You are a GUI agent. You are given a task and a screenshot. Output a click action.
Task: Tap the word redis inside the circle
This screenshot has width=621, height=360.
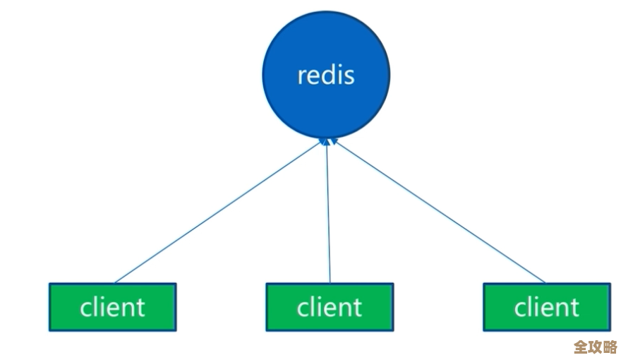point(325,75)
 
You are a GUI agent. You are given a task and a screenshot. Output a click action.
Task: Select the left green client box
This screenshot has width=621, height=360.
point(112,307)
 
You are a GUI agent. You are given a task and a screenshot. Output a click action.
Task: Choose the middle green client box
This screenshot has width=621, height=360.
point(329,307)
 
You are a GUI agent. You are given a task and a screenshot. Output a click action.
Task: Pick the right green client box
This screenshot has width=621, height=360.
point(546,307)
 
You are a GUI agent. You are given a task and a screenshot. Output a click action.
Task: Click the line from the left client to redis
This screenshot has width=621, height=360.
point(219,212)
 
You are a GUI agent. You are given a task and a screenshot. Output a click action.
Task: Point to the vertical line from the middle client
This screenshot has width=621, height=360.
point(328,212)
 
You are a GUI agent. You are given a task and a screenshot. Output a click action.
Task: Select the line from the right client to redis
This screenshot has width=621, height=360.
point(438,212)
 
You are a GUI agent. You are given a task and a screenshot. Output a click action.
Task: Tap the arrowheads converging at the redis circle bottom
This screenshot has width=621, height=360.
point(327,141)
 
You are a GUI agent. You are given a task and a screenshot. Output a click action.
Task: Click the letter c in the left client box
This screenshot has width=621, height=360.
point(85,309)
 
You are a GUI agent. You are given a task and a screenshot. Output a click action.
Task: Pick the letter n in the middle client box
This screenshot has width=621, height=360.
point(346,309)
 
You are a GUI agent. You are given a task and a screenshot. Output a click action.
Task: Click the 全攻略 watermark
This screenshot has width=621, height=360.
point(595,347)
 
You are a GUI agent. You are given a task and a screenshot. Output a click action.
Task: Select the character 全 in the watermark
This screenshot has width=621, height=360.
point(580,347)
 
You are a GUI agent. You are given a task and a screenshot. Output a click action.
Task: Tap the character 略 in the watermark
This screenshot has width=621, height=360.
point(610,347)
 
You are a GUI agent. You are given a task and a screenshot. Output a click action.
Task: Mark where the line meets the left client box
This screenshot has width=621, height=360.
point(116,282)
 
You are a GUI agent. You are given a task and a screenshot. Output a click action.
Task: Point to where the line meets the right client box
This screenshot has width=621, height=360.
point(545,282)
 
